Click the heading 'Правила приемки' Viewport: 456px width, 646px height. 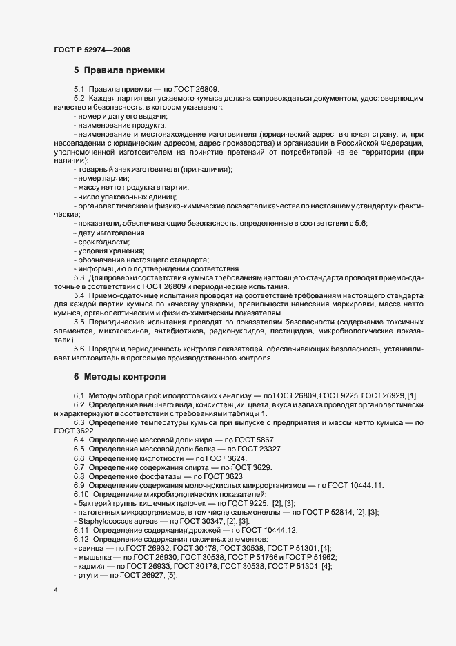pyautogui.click(x=123, y=70)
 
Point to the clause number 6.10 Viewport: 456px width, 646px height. pyautogui.click(x=82, y=495)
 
